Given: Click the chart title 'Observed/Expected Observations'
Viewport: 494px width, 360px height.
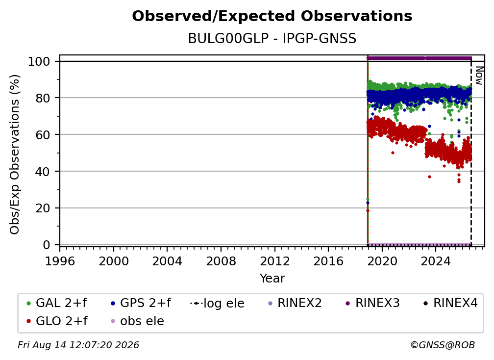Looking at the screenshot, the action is [272, 16].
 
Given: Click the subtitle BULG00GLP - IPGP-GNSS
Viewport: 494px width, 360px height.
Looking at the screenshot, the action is [272, 39].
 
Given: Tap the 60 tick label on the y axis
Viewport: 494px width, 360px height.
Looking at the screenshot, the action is [43, 135].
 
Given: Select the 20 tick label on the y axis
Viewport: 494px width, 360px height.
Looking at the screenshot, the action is [43, 208].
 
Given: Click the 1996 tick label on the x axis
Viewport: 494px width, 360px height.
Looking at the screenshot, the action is [60, 261].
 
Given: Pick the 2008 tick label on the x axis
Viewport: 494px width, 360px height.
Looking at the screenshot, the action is [221, 261].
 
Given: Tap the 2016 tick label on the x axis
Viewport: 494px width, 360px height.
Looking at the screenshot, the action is [328, 261].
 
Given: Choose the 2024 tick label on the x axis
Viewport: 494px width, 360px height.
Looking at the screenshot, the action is [436, 261].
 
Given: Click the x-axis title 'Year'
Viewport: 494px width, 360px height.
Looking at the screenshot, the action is [272, 279].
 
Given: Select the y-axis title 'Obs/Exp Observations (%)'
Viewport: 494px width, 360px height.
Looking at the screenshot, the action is [15, 154].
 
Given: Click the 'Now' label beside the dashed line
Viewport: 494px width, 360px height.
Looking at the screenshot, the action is [478, 76].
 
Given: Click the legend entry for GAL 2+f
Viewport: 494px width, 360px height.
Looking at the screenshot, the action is [57, 303].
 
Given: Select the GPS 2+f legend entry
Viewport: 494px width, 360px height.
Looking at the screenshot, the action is [141, 303].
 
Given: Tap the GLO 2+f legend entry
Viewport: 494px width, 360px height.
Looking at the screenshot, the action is [57, 321].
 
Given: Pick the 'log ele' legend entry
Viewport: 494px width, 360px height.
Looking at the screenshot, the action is [218, 303].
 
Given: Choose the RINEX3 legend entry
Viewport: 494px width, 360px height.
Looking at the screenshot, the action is [372, 303].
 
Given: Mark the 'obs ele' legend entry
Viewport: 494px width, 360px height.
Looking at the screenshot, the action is [136, 321].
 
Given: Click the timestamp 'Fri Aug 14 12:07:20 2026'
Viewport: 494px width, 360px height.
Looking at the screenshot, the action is [78, 345].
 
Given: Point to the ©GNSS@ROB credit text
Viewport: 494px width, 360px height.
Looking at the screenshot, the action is [443, 345].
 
